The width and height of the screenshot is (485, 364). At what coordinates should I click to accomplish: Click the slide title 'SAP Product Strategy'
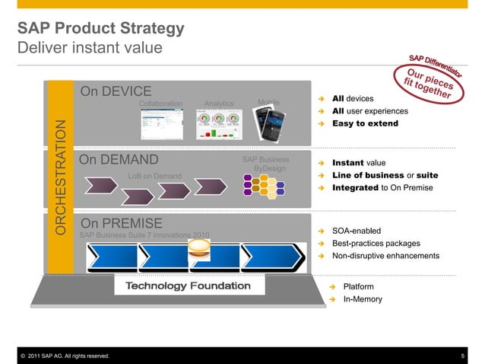tap(100, 29)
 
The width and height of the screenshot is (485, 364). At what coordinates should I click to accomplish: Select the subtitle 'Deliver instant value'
tap(90, 47)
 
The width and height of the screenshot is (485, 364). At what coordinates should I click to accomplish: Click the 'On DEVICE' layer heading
tap(116, 92)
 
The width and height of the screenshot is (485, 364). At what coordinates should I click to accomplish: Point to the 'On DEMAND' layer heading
tap(119, 159)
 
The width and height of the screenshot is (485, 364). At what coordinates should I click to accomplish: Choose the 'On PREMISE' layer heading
tap(122, 223)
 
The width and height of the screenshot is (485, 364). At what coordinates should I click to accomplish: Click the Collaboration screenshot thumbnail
tap(160, 124)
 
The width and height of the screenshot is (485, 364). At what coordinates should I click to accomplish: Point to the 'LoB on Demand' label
tap(154, 177)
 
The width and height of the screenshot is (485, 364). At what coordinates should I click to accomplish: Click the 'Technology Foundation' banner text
tap(187, 286)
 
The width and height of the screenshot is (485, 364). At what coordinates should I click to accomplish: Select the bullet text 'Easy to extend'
tap(365, 123)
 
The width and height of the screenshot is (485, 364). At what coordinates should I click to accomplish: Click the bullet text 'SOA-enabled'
tap(357, 231)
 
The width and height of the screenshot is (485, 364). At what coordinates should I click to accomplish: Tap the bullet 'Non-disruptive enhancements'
tap(385, 256)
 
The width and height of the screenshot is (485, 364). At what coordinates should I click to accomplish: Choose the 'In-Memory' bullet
tap(363, 299)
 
